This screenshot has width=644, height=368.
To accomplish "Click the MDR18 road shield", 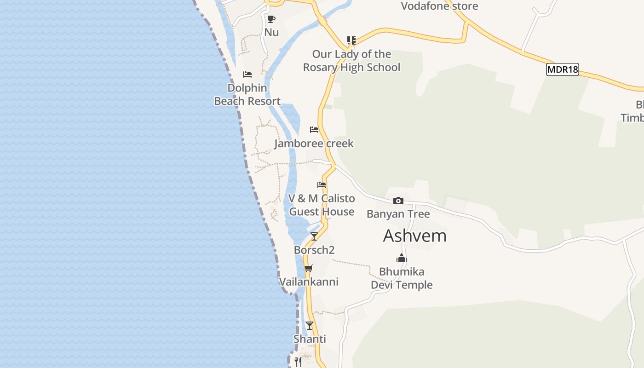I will [562, 69].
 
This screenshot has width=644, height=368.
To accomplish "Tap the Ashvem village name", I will [414, 236].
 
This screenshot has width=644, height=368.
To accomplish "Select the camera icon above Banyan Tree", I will [398, 201].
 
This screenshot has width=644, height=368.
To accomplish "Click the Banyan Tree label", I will [398, 214].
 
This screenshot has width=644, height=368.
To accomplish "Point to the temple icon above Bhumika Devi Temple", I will [402, 258].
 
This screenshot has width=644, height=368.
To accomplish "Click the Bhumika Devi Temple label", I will [402, 278].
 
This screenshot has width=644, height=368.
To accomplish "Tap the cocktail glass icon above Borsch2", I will [314, 236].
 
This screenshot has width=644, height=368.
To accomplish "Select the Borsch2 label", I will [314, 250].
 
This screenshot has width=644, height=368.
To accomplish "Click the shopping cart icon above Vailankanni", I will [309, 268].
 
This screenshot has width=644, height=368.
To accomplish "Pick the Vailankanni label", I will [309, 282].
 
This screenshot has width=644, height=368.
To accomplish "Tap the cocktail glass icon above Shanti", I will [310, 326].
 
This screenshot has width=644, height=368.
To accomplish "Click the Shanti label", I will [310, 339].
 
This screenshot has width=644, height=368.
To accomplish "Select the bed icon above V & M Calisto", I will [322, 185].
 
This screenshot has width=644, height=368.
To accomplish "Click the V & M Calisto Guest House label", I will [322, 205].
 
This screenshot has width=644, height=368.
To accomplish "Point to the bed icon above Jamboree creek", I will [314, 130].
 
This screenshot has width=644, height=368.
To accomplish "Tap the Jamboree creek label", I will [314, 143].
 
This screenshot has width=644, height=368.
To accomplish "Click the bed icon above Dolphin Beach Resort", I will [247, 75].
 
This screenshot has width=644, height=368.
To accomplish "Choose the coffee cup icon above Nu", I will [271, 19].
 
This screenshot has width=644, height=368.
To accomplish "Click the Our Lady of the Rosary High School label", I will [351, 60].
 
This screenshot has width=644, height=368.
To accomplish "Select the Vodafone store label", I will [439, 6].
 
